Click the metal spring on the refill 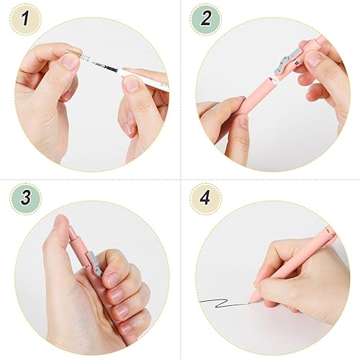[78, 57]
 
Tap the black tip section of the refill [101, 69]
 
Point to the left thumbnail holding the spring [70, 63]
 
